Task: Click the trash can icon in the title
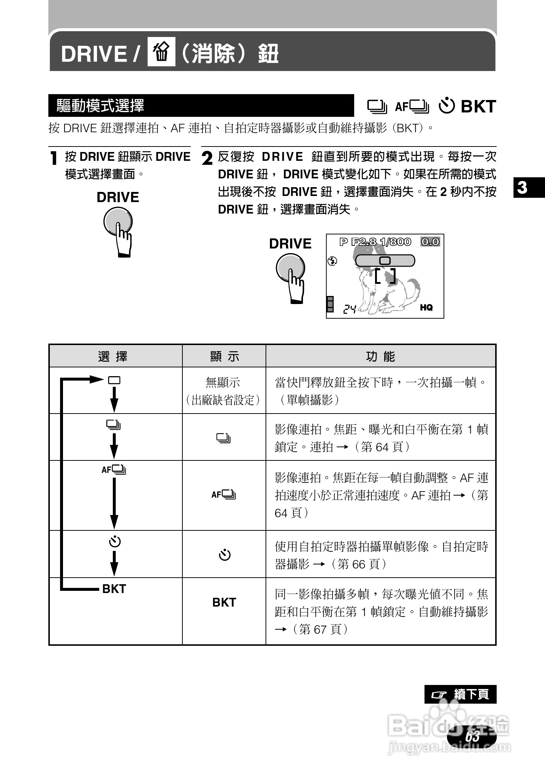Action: click(x=161, y=52)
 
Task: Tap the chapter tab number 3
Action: click(x=523, y=188)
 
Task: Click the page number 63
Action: click(x=472, y=736)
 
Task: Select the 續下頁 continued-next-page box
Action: click(x=460, y=694)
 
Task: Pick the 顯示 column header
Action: click(x=224, y=356)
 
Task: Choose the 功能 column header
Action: click(x=381, y=356)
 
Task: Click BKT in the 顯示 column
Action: click(x=224, y=602)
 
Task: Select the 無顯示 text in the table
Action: click(x=223, y=383)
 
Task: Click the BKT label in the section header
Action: click(x=478, y=107)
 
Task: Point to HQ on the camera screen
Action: click(x=426, y=308)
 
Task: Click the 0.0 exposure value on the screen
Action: click(x=430, y=242)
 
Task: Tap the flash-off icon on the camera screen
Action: click(x=332, y=261)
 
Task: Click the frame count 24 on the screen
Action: click(x=349, y=310)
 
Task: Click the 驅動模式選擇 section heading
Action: click(x=100, y=106)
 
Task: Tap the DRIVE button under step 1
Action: click(x=118, y=222)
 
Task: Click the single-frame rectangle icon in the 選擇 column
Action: click(x=114, y=380)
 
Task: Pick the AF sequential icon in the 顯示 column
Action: click(x=224, y=495)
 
